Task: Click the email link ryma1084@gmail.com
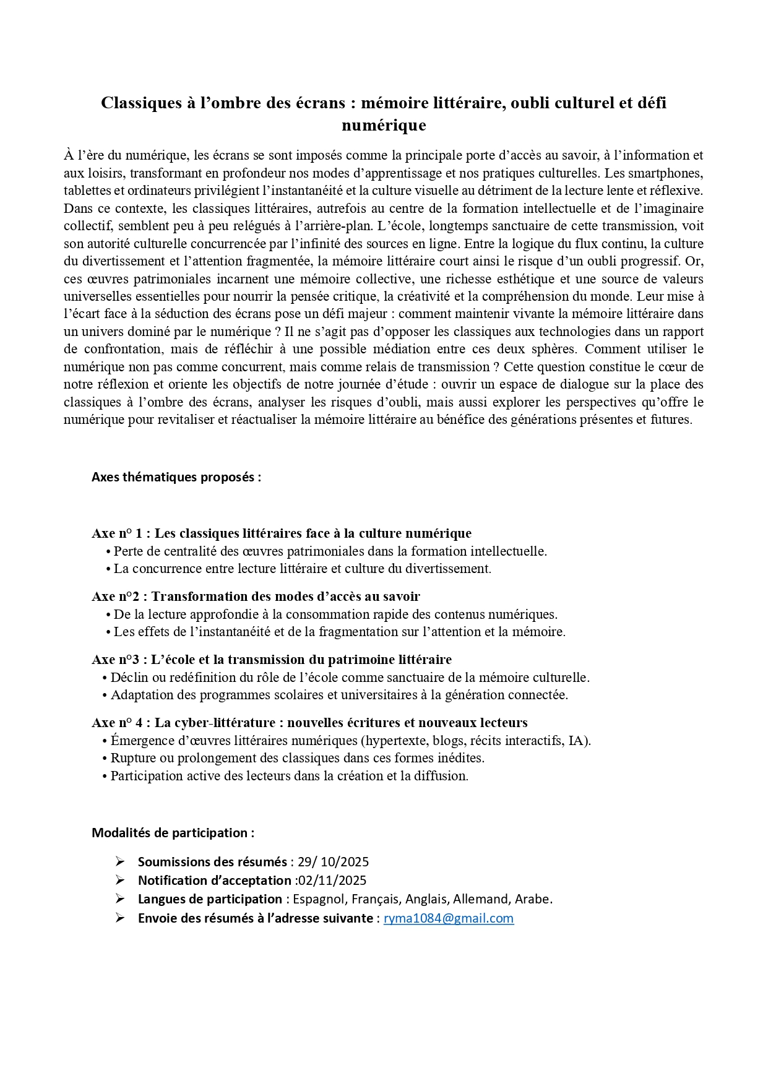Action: click(448, 918)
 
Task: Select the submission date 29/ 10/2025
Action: click(333, 862)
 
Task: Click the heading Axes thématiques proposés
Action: click(176, 477)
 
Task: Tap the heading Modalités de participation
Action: click(173, 833)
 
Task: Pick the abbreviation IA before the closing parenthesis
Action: click(577, 741)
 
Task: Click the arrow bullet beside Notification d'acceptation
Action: click(120, 881)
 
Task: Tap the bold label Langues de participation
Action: click(210, 899)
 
